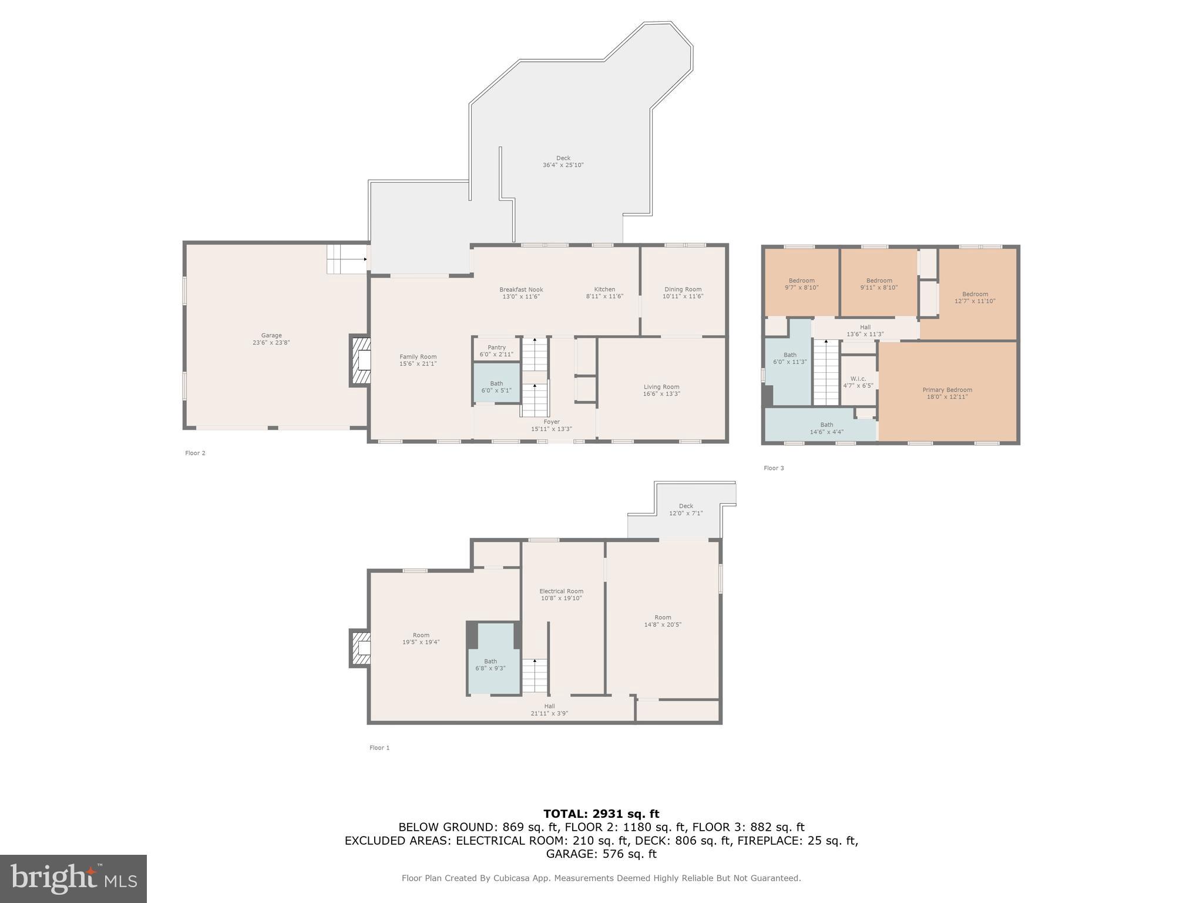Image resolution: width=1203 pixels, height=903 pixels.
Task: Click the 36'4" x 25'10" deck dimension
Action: pos(563,165)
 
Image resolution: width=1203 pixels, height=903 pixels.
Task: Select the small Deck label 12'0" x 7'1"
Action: pos(685,510)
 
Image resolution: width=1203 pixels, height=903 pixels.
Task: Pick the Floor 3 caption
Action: pos(774,468)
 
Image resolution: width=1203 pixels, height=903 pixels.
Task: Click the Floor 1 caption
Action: pos(379,748)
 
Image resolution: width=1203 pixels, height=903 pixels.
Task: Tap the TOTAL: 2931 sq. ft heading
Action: pos(601,814)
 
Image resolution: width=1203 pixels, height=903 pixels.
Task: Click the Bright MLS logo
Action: pos(73,878)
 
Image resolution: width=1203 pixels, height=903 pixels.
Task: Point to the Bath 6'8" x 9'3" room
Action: pos(490,664)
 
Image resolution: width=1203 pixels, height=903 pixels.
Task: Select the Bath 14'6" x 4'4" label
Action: pos(826,428)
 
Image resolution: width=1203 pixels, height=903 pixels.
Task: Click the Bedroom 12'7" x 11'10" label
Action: pos(975,297)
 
